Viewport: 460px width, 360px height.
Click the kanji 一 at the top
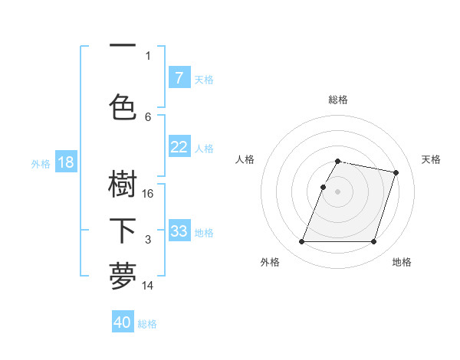click(123, 47)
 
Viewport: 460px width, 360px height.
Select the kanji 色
click(123, 106)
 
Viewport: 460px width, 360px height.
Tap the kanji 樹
click(123, 184)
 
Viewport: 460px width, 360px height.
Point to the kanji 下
click(123, 231)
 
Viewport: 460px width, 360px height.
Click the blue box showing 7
click(179, 78)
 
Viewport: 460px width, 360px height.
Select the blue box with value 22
click(179, 147)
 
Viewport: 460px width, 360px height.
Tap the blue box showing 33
click(179, 231)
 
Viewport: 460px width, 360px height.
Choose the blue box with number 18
click(65, 162)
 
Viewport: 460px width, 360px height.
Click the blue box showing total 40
click(123, 322)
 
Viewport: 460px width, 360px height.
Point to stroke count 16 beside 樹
click(149, 194)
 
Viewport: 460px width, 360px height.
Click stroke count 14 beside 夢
click(149, 286)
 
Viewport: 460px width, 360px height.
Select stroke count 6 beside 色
click(148, 116)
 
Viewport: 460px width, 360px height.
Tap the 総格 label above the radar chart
click(338, 100)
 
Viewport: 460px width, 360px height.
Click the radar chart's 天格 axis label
click(431, 159)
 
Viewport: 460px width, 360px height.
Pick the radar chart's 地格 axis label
click(402, 263)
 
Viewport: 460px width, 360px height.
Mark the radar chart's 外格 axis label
click(270, 263)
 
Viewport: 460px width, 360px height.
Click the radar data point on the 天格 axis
click(396, 173)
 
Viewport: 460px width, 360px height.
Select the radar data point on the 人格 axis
click(323, 187)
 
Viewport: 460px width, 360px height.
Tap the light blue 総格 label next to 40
click(147, 324)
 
